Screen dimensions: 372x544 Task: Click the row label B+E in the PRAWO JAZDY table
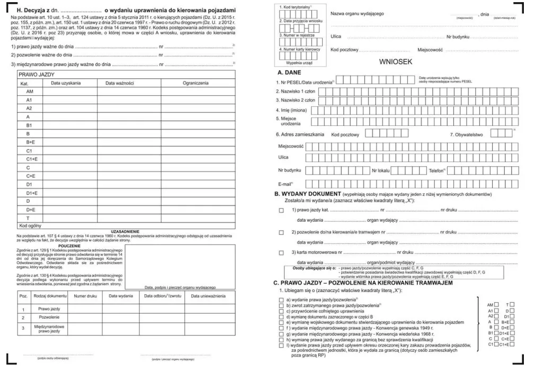(31, 142)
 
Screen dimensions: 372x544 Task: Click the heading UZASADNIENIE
(125, 231)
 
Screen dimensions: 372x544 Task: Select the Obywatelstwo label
(467, 134)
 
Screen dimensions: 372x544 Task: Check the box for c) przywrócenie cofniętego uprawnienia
(281, 311)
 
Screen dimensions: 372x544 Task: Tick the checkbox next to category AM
(496, 305)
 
